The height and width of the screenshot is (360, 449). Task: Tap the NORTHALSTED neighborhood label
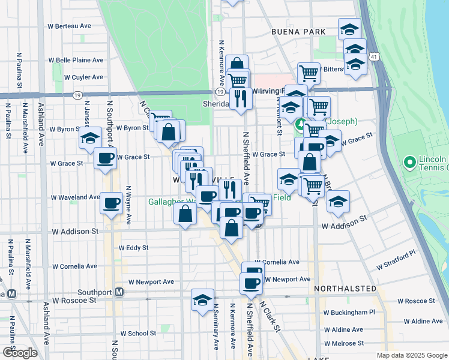pos(345,289)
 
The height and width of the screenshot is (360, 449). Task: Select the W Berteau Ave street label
pos(69,26)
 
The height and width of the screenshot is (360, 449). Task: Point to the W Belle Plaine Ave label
pos(76,61)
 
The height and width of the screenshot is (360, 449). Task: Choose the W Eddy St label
pos(133,247)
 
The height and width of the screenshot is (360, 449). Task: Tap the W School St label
pos(139,333)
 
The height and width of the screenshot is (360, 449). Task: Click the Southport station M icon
pos(119,292)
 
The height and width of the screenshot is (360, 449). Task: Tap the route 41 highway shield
pos(375,56)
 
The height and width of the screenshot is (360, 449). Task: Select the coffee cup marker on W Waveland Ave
pos(111,203)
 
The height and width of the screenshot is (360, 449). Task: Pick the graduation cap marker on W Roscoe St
pos(203,299)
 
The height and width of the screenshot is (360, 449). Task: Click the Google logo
pos(20,352)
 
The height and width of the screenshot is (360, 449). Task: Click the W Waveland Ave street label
pos(75,197)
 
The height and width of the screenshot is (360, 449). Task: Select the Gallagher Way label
pos(172,202)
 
